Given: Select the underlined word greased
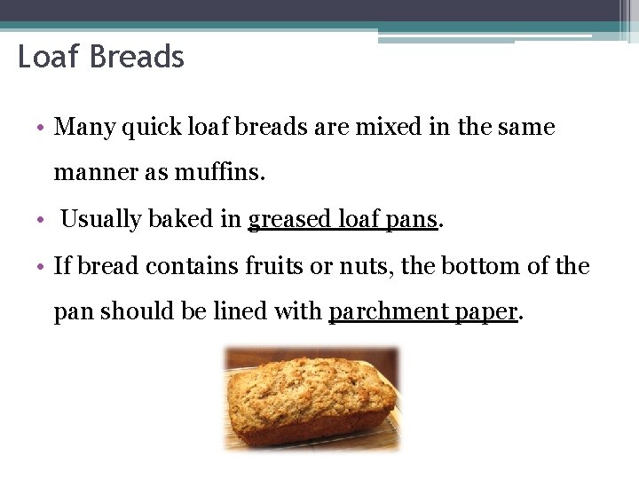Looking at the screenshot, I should (x=291, y=219).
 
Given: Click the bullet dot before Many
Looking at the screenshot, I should (x=43, y=129).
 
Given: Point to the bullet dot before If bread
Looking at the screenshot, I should (x=43, y=266).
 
